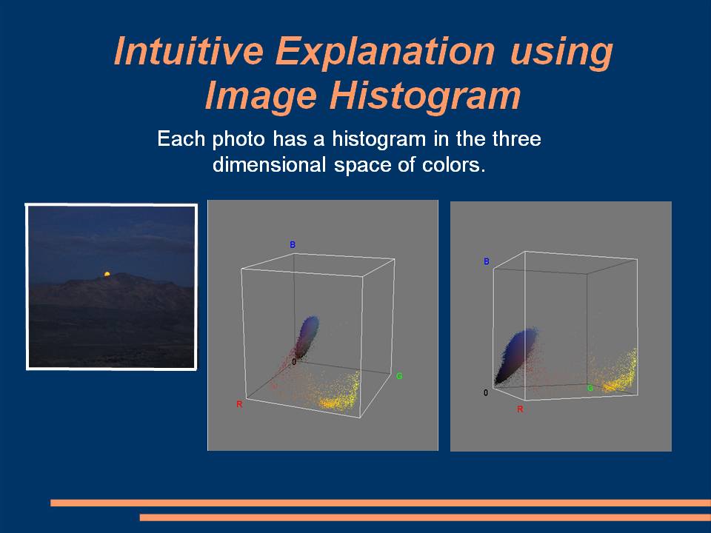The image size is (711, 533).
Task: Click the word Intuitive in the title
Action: pyautogui.click(x=188, y=50)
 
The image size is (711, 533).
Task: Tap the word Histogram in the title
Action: pyautogui.click(x=425, y=96)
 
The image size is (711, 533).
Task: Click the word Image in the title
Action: pyautogui.click(x=261, y=96)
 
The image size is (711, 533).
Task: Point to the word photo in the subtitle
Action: pyautogui.click(x=238, y=138)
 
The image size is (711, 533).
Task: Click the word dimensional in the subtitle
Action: pyautogui.click(x=270, y=164)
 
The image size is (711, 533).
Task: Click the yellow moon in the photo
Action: pyautogui.click(x=107, y=274)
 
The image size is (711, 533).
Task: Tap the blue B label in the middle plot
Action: pyautogui.click(x=293, y=245)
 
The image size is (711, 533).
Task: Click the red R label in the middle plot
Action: pyautogui.click(x=239, y=404)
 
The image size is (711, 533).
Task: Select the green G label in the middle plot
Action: pyautogui.click(x=399, y=376)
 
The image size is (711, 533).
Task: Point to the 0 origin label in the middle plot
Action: pyautogui.click(x=294, y=362)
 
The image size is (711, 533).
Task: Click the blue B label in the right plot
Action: pyautogui.click(x=487, y=261)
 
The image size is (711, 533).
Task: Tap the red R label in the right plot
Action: pyautogui.click(x=520, y=409)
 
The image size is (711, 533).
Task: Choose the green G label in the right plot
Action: pyautogui.click(x=590, y=388)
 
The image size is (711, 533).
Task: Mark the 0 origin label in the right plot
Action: pyautogui.click(x=486, y=392)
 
